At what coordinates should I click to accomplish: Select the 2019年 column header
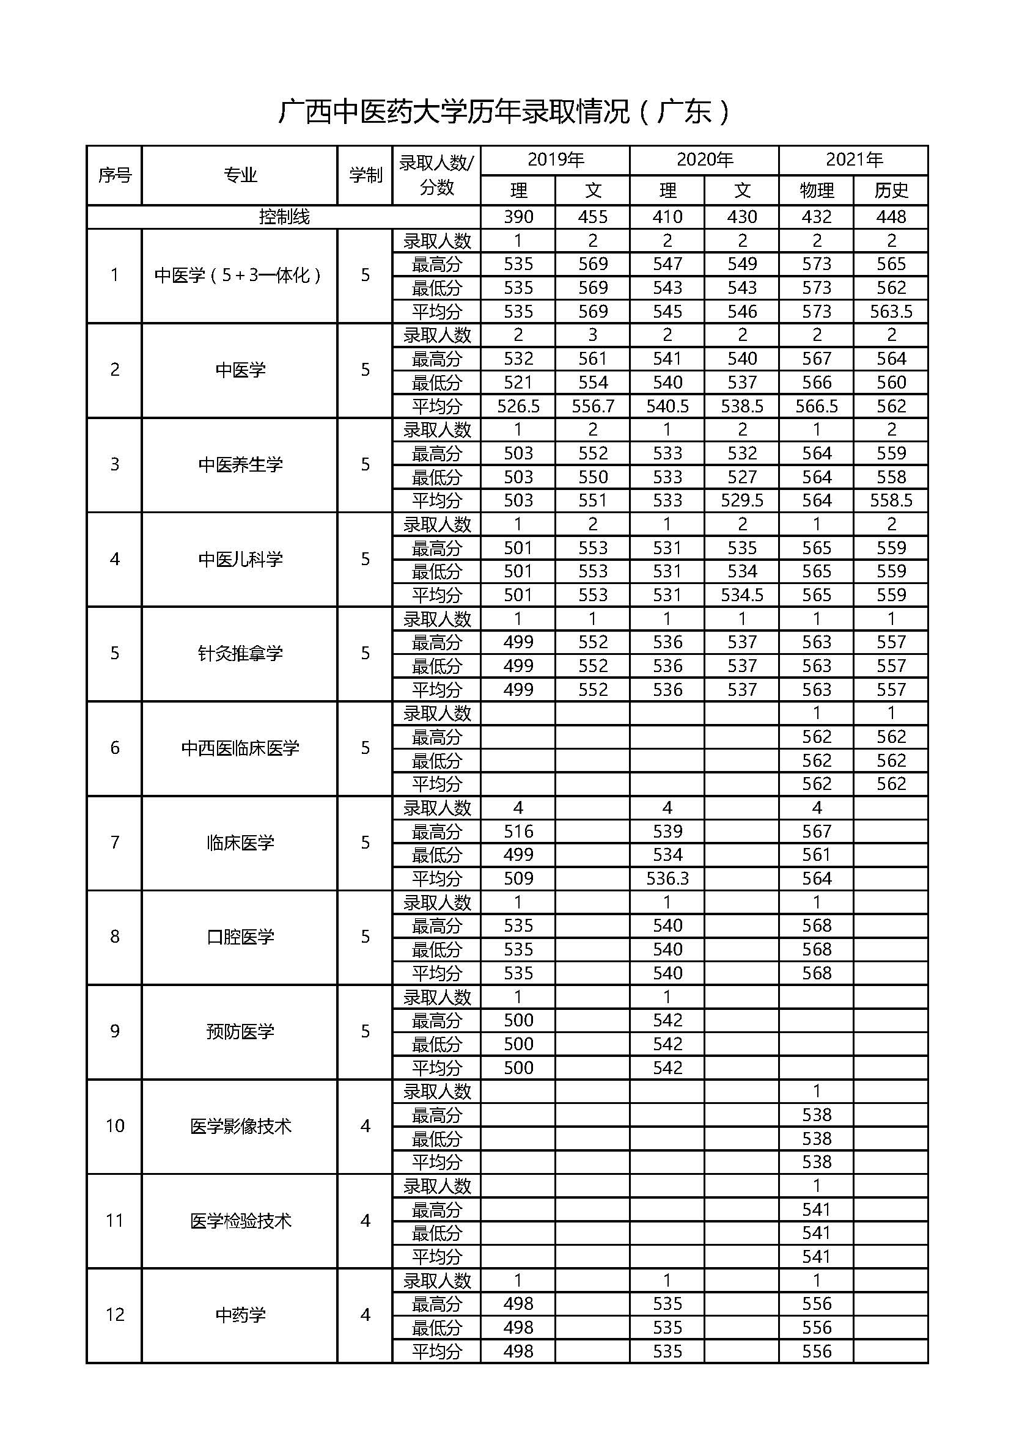(x=555, y=160)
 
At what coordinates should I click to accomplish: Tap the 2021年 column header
(x=853, y=160)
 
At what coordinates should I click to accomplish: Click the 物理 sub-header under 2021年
(x=816, y=190)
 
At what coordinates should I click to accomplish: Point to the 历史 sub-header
(x=891, y=190)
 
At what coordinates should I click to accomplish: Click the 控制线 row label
(x=284, y=217)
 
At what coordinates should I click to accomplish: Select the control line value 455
(x=592, y=217)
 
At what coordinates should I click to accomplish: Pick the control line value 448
(x=891, y=217)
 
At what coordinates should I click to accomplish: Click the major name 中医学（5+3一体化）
(x=240, y=275)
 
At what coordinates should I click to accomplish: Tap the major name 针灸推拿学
(x=240, y=653)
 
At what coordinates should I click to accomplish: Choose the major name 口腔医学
(x=240, y=936)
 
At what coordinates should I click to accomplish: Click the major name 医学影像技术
(x=240, y=1125)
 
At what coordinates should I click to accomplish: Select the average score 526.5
(x=518, y=406)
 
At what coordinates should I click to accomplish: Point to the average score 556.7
(x=592, y=406)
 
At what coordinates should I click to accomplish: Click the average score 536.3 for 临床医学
(x=667, y=878)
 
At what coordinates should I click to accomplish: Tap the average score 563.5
(x=891, y=311)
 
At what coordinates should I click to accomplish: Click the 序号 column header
(x=114, y=175)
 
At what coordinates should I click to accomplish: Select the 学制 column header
(x=365, y=175)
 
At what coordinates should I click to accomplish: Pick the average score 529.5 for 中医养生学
(x=741, y=500)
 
